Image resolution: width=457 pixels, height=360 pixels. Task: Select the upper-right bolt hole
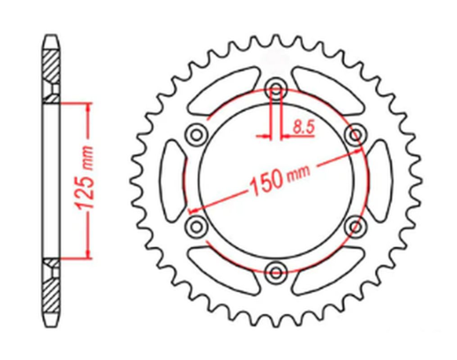point(356,134)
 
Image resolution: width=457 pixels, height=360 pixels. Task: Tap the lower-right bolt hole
point(357,227)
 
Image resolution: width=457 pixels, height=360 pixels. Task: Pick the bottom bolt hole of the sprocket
point(277,272)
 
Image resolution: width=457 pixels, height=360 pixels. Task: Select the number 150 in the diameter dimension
point(267,185)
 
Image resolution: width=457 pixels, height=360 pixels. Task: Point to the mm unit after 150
point(297,176)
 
